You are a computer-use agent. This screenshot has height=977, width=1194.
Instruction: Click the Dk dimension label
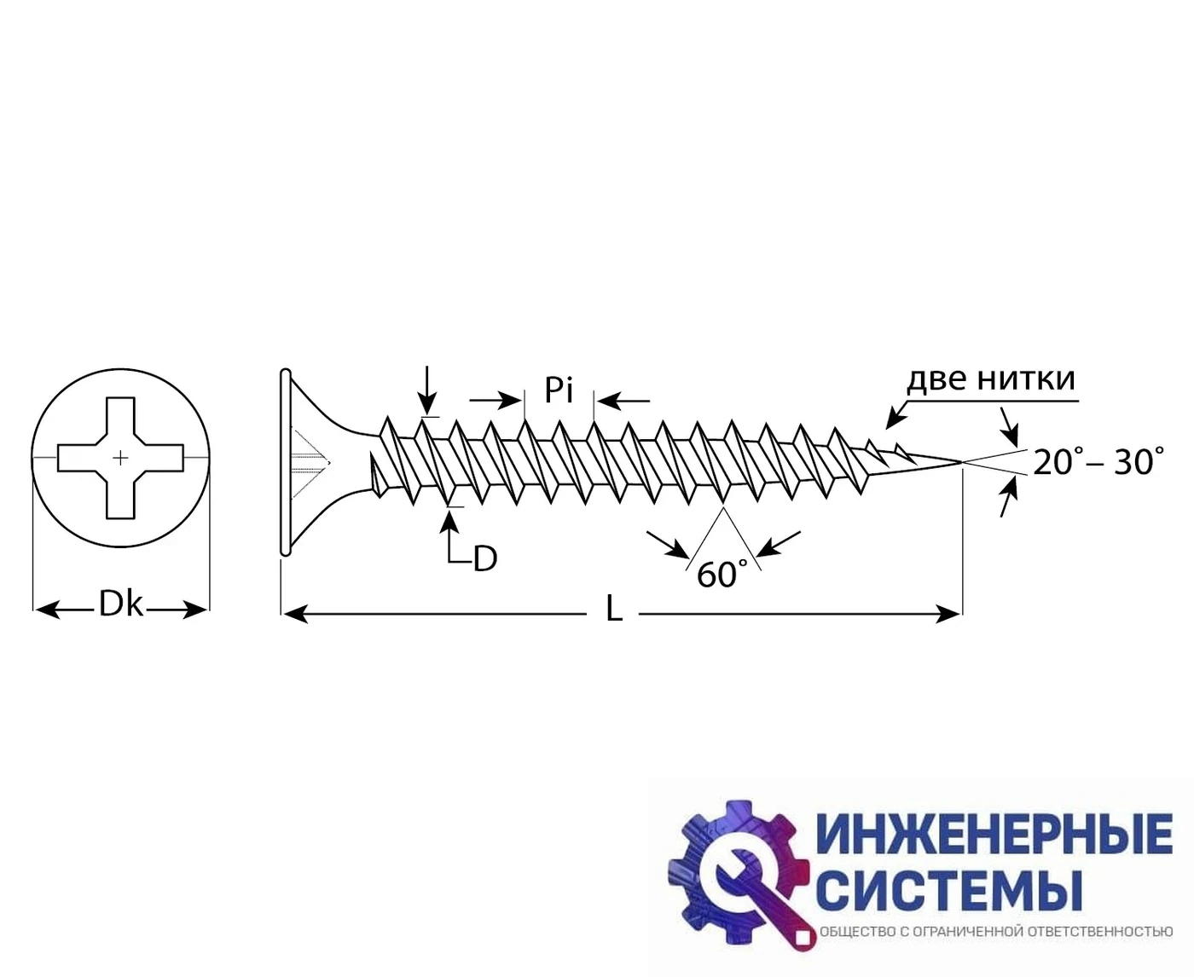[x=120, y=604]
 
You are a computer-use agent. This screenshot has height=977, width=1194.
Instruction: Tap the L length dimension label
[x=614, y=610]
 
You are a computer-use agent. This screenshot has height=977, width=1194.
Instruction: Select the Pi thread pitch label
[x=559, y=390]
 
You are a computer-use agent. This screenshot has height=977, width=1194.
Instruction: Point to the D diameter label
[x=485, y=558]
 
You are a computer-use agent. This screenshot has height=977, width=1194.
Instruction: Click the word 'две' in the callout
[x=938, y=379]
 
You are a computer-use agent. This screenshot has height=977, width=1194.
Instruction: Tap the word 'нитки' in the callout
[x=1027, y=379]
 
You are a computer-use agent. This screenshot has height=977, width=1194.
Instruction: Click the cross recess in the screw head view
[x=120, y=458]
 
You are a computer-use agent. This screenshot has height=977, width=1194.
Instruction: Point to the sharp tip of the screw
[x=961, y=462]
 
